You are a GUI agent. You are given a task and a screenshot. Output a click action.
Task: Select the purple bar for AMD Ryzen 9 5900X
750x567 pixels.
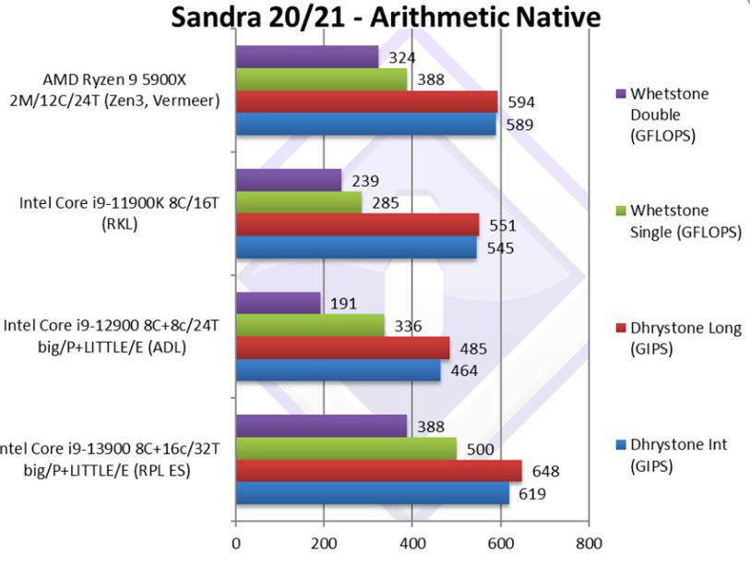coord(307,56)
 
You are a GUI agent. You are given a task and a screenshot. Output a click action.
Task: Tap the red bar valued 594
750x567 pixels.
coord(366,102)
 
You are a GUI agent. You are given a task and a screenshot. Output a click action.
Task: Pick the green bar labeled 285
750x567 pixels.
coord(299,202)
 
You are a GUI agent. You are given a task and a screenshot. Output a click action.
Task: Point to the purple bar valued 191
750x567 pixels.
coord(278,303)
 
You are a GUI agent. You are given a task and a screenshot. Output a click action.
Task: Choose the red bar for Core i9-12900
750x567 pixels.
coord(342,348)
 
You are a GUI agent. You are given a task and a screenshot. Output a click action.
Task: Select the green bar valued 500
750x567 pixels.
coord(346,449)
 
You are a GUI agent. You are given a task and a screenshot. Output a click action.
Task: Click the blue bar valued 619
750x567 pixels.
coord(373,494)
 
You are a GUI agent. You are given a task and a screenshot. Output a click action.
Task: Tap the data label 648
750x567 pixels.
coord(545,472)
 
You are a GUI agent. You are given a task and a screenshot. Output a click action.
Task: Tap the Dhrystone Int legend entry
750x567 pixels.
coord(672,455)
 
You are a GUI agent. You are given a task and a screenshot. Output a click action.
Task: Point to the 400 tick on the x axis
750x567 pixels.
coord(412,543)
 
